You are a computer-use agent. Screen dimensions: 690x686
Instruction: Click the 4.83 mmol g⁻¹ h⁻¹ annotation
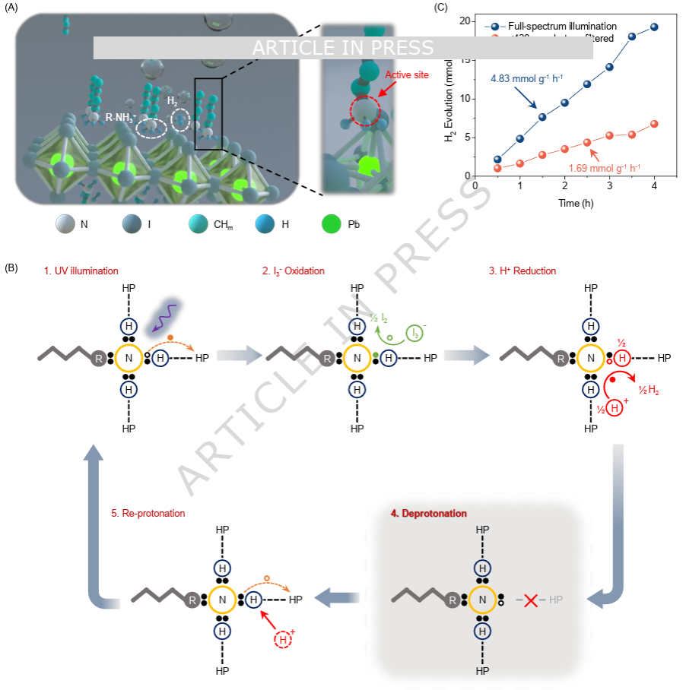(x=524, y=78)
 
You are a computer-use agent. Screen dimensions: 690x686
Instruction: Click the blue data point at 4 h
(x=654, y=27)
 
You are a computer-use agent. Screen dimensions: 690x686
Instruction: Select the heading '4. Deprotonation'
(x=429, y=514)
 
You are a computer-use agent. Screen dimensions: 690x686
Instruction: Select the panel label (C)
(x=440, y=8)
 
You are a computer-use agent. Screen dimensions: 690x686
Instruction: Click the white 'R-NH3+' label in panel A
(x=121, y=118)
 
